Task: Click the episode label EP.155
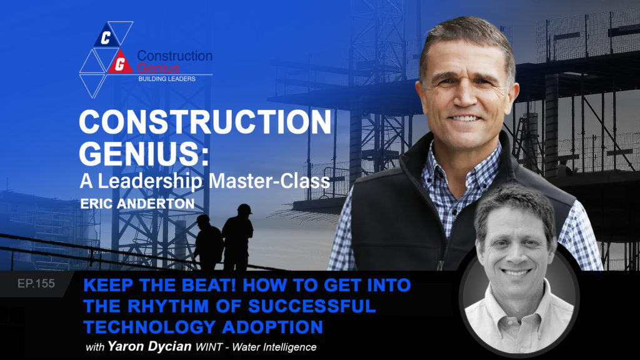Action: click(36, 283)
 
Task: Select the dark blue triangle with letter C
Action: click(106, 36)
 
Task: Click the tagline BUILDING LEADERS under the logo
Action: click(167, 79)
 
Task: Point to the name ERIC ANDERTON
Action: click(137, 203)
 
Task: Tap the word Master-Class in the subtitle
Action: click(269, 181)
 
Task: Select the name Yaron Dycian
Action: click(149, 346)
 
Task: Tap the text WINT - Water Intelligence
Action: click(256, 347)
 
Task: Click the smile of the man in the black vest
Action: click(465, 119)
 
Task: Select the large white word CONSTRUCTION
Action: click(205, 122)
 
